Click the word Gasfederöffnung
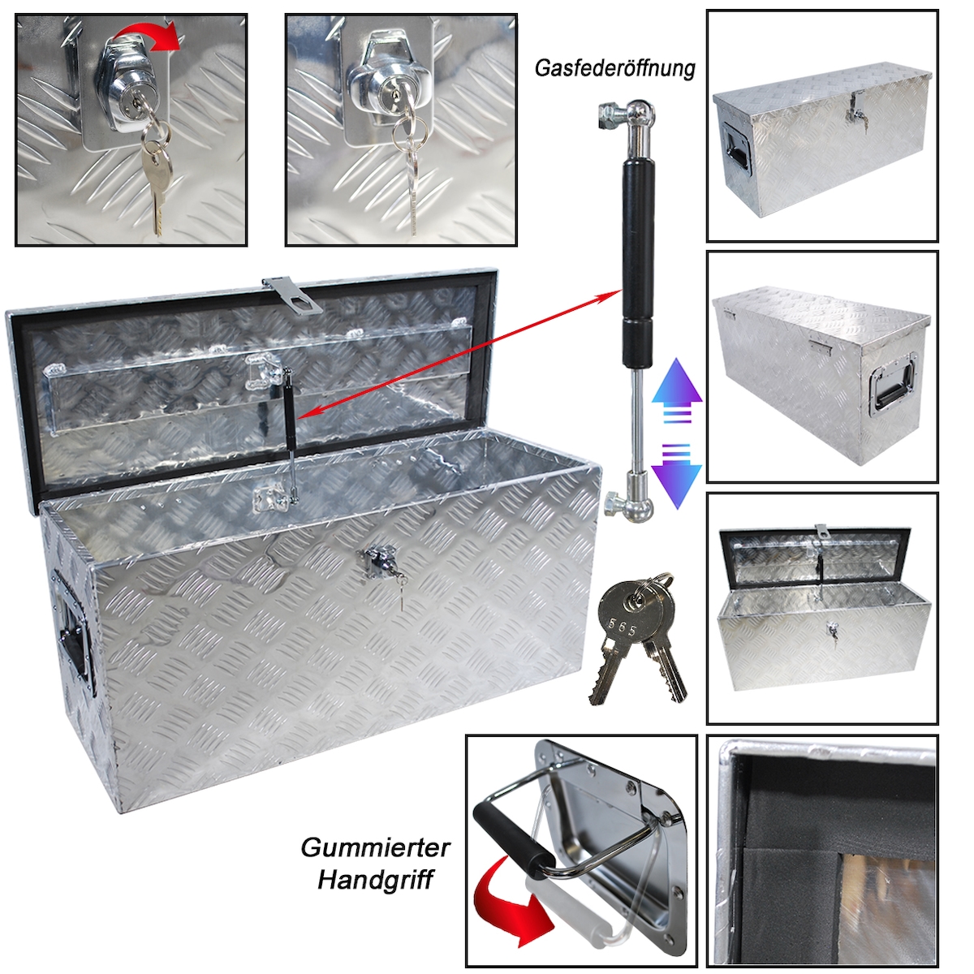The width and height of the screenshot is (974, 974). (x=614, y=69)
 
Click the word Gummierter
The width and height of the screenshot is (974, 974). (x=375, y=847)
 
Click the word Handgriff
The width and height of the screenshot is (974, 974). (x=375, y=881)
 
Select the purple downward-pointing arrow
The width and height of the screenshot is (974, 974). (x=676, y=476)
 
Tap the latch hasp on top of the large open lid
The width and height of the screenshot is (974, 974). (x=293, y=295)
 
